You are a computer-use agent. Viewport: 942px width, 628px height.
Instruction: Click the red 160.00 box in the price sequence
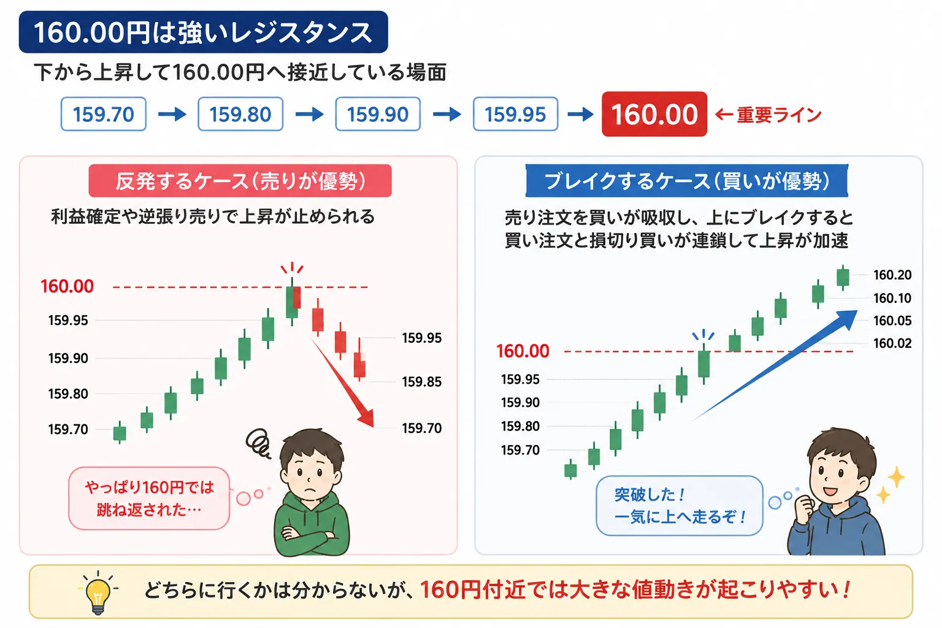(x=654, y=114)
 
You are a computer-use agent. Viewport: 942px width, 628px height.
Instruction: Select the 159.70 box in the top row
(x=104, y=114)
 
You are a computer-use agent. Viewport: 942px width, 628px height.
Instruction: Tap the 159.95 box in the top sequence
(x=515, y=114)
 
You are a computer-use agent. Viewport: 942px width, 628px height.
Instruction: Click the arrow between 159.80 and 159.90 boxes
(x=310, y=114)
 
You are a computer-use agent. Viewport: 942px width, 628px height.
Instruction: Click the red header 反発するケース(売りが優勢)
(x=240, y=181)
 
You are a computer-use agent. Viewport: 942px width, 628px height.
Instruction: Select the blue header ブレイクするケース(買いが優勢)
(x=687, y=181)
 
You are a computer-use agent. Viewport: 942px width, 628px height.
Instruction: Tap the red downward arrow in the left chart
(x=342, y=382)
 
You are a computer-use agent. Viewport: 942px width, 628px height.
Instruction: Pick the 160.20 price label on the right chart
(x=892, y=275)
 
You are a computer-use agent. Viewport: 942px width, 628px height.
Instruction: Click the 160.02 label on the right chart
(x=892, y=343)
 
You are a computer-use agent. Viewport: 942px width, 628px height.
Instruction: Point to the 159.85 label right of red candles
(x=422, y=381)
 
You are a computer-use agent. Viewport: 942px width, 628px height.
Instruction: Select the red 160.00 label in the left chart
(x=67, y=286)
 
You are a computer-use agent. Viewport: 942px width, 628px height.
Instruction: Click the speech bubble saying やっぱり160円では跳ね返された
(x=149, y=499)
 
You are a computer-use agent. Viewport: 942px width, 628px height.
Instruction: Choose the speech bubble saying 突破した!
(x=679, y=505)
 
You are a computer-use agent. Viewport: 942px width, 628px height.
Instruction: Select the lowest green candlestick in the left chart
(x=120, y=433)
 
